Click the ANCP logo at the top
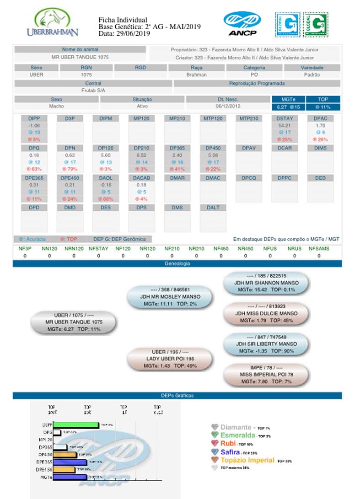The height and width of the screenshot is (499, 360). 242,23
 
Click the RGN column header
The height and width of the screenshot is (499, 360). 86,68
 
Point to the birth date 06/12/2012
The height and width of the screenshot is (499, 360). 227,106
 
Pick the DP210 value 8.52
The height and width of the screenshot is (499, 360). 141,155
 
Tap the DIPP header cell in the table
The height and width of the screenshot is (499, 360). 34,118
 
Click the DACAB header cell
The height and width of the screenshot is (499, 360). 141,178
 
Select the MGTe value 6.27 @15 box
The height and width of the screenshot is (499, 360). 288,107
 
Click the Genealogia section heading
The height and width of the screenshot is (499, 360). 177,264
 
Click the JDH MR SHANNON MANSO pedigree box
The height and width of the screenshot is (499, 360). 267,283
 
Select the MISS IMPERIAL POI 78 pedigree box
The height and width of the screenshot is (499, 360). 266,374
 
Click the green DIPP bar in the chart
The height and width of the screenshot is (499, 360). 76,425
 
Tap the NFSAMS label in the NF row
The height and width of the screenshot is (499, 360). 319,249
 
